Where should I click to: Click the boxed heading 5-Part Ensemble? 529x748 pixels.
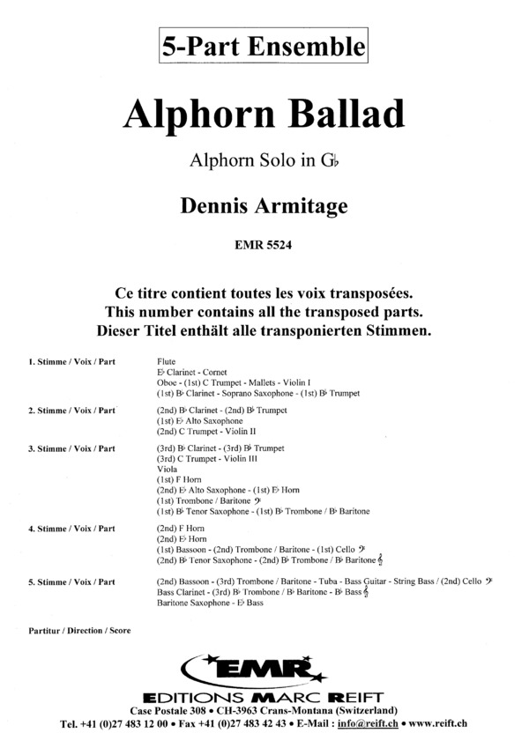tap(263, 43)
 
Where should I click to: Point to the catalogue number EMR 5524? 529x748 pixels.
tap(263, 246)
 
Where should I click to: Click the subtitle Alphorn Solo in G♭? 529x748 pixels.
tap(263, 162)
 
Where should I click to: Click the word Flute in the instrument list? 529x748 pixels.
tap(166, 362)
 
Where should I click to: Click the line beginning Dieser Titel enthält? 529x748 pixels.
tap(264, 331)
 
